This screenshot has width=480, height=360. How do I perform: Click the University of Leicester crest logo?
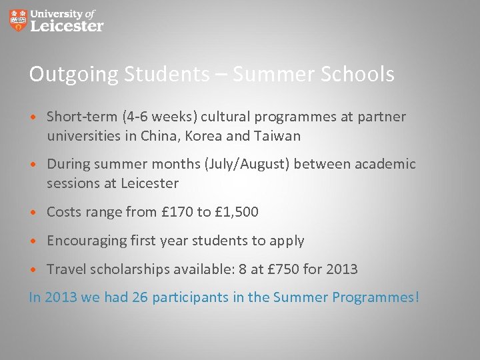coord(19,20)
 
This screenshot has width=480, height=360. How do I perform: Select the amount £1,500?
coord(236,212)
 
